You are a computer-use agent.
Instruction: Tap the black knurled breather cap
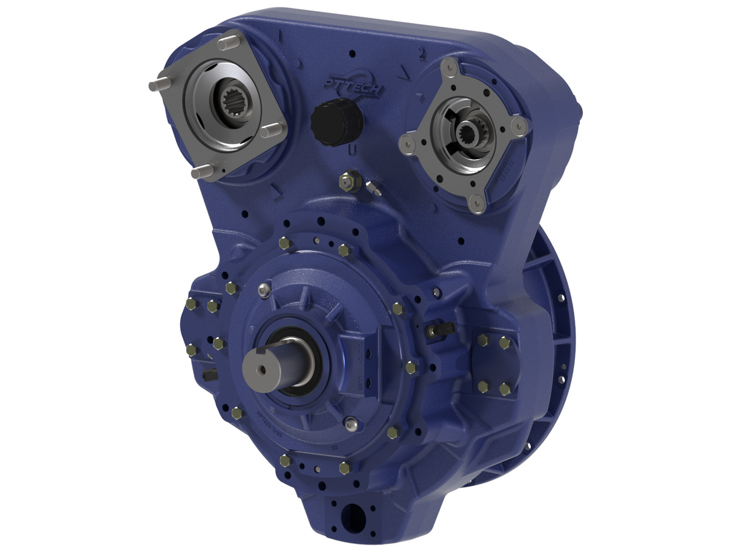coord(333,122)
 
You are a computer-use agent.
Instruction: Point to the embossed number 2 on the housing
coord(421,54)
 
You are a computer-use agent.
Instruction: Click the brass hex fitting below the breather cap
coord(349,180)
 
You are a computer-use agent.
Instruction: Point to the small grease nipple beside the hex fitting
coord(373,188)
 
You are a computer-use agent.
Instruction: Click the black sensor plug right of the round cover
coord(440,330)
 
